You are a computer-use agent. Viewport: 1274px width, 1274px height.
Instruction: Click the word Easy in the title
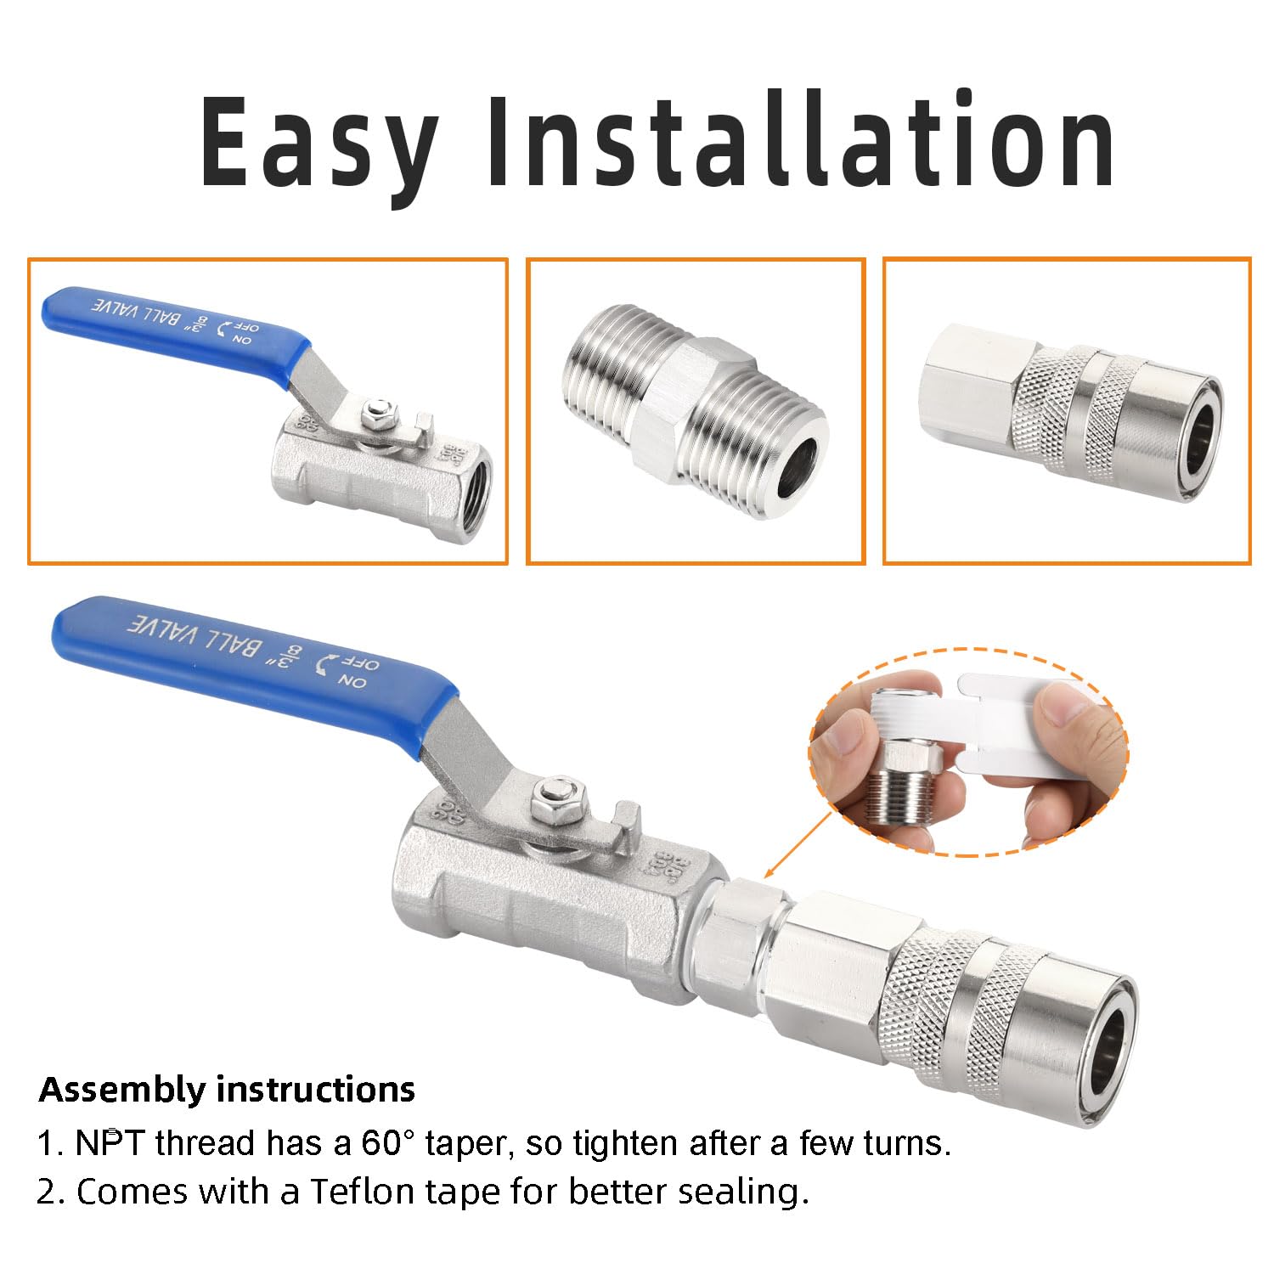pyautogui.click(x=318, y=143)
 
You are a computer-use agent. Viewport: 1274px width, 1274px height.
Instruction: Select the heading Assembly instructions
pyautogui.click(x=227, y=1089)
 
